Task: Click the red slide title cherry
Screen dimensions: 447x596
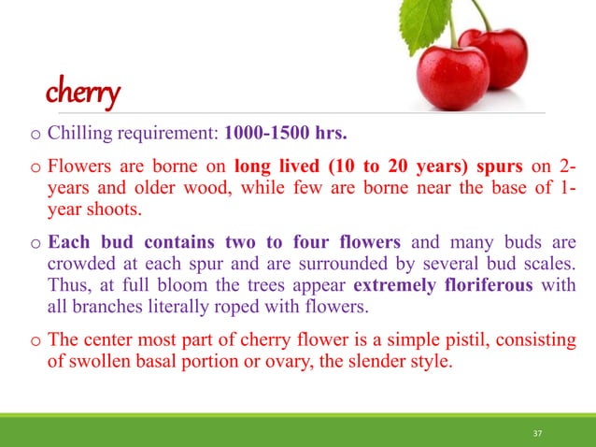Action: [84, 94]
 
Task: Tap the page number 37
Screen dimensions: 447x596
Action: [536, 433]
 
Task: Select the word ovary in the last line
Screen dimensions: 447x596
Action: [270, 360]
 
